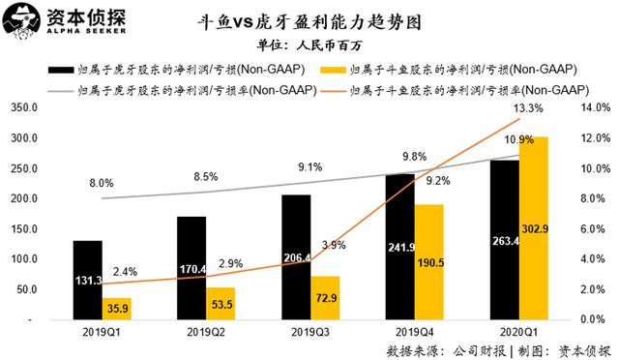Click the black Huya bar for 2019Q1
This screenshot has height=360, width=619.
(x=87, y=280)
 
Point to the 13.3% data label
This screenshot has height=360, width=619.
(x=528, y=107)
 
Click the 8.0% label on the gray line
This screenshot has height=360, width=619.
(x=101, y=183)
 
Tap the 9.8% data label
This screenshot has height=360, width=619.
(x=413, y=157)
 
